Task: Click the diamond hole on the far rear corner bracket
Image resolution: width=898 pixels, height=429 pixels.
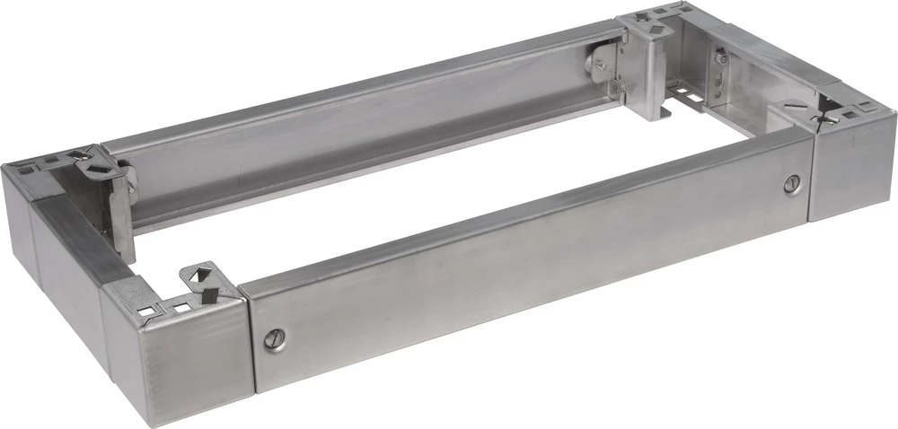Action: [656, 29]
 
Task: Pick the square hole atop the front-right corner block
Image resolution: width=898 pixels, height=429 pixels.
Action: [859, 109]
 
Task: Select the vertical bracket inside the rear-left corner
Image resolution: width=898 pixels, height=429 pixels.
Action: [121, 197]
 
